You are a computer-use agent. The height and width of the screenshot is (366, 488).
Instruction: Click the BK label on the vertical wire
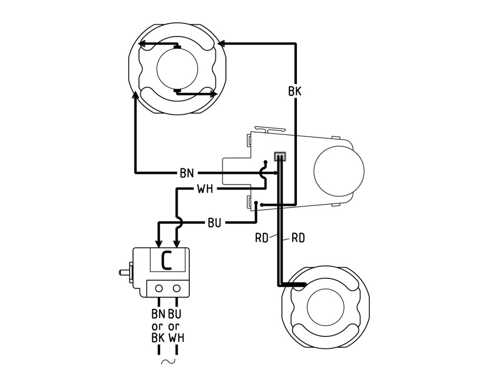coord(295,91)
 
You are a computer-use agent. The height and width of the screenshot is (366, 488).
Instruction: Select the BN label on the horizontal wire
coord(187,173)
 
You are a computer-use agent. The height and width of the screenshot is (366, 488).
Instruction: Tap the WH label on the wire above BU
coord(205,189)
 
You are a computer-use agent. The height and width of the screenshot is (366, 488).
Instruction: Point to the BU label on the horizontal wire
coord(214,223)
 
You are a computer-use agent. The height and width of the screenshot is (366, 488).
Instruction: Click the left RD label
coord(262,238)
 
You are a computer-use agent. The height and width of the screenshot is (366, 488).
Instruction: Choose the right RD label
coord(298,238)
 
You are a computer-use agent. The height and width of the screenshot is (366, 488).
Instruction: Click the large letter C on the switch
coord(166,261)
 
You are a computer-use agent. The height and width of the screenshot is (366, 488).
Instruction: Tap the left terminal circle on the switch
coord(159,288)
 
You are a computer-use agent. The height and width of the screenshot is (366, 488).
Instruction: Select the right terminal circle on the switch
coord(177,288)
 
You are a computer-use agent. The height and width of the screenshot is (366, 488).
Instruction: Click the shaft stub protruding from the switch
coord(125,272)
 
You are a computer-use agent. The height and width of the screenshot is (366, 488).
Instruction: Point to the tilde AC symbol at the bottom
coord(168,362)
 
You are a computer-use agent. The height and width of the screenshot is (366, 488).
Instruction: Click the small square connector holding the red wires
coord(280,156)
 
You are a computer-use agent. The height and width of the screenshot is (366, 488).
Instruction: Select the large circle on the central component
coord(339,171)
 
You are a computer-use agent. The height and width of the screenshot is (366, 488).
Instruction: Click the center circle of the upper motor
coord(177,69)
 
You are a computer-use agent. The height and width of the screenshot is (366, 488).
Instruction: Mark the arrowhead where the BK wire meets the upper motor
coord(221,43)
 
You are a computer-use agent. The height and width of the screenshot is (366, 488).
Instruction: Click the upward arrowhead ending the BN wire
coord(135,95)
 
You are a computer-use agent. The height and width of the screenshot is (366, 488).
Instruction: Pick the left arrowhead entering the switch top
coord(159,244)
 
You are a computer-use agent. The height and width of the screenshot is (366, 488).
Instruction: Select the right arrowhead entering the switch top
coord(177,244)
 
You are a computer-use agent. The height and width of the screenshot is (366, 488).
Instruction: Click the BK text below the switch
coord(158,338)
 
